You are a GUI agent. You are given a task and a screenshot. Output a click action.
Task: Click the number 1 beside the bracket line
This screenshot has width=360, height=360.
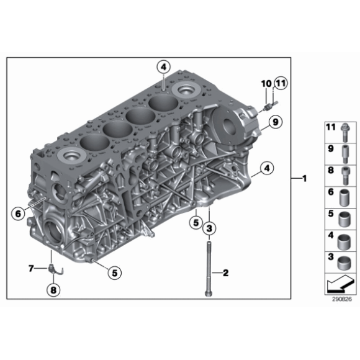click(304, 179)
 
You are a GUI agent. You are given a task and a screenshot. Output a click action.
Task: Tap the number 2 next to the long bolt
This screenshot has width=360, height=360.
click(226, 272)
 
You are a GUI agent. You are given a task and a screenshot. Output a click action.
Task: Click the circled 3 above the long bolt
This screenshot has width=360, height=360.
click(210, 229)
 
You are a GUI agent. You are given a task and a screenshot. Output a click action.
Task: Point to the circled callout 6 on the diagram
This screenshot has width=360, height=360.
click(17, 213)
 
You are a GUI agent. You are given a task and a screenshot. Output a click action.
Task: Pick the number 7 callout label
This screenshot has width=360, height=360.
click(30, 268)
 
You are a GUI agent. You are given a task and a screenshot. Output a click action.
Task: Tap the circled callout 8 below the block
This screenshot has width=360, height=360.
click(53, 289)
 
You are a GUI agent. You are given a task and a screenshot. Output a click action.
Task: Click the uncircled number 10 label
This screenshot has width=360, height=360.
click(265, 83)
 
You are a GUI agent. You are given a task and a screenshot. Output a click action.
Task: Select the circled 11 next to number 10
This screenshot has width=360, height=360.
click(279, 83)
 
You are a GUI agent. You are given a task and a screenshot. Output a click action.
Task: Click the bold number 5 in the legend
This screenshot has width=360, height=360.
click(331, 214)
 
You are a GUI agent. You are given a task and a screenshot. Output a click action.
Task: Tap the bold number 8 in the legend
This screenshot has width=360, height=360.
click(331, 170)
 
